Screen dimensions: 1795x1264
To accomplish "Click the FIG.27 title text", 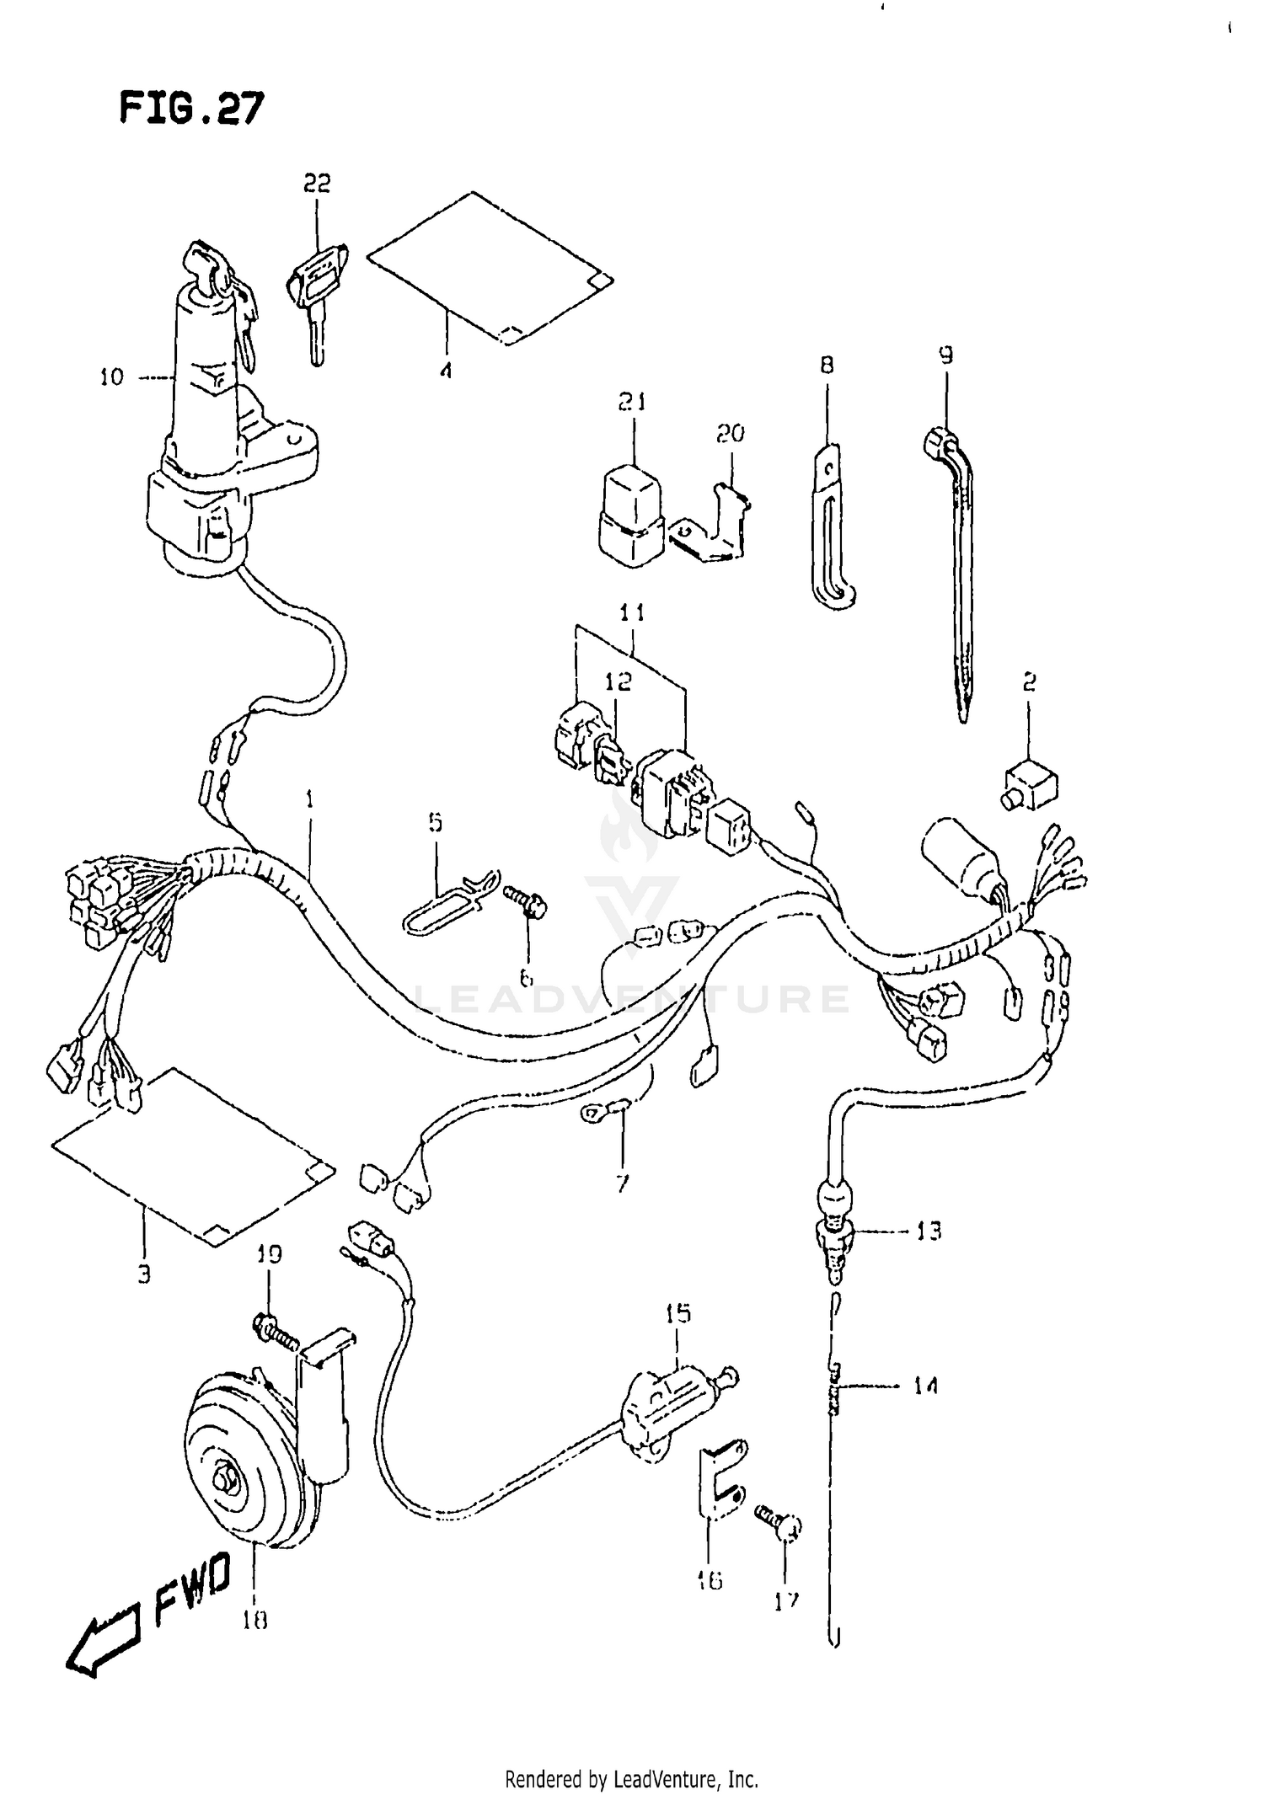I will pos(191,109).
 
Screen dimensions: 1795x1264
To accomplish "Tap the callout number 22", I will pos(317,183).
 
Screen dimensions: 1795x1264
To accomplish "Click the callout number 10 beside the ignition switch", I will pos(111,377).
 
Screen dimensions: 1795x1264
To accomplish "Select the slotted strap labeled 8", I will pos(830,526).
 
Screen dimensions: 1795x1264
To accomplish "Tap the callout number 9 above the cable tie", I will pos(945,355).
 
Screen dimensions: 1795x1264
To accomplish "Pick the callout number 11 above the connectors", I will pos(632,613).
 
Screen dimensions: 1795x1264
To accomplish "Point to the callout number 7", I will pos(622,1184).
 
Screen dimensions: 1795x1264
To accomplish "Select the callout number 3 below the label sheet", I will pos(144,1274).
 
